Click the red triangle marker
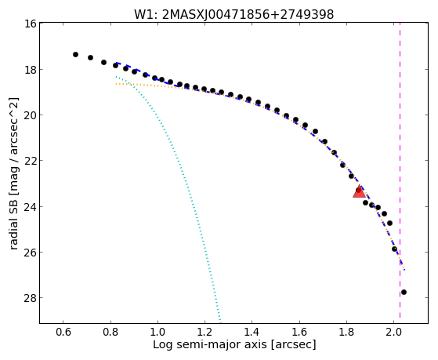click(x=359, y=191)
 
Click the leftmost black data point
click(x=75, y=54)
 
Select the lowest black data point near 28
click(x=404, y=292)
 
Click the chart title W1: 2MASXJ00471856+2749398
click(x=234, y=14)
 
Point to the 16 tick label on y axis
click(x=31, y=24)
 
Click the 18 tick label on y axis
click(x=31, y=69)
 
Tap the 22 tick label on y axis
click(x=31, y=161)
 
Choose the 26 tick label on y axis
click(x=31, y=252)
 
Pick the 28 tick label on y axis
click(x=31, y=297)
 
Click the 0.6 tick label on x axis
click(x=63, y=332)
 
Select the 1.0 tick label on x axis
click(x=157, y=332)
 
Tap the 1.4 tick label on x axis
click(x=252, y=332)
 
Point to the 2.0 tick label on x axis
click(x=393, y=332)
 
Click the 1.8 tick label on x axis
click(x=346, y=332)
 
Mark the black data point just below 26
click(x=394, y=249)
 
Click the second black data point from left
click(x=90, y=57)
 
